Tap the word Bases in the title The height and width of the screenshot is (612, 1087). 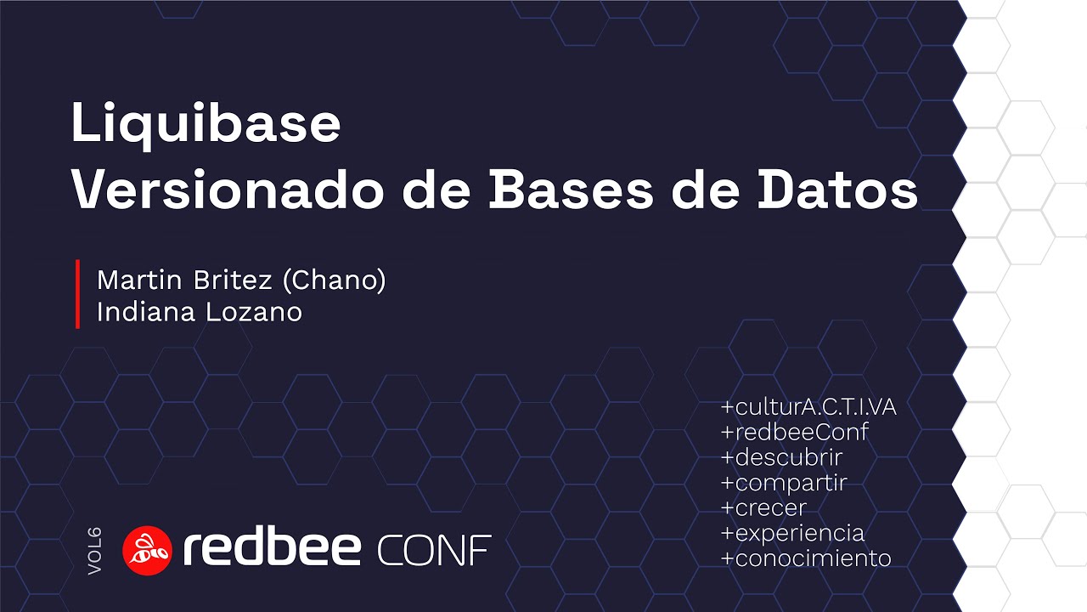[x=571, y=192]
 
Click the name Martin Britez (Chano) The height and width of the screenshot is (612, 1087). [x=241, y=280]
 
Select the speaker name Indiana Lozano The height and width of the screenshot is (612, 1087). [x=200, y=312]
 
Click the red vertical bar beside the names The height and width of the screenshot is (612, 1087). [x=77, y=294]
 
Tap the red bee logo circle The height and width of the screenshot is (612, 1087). [x=148, y=550]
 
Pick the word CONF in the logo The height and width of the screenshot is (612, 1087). [x=434, y=552]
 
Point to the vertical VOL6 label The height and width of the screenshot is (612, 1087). [x=94, y=551]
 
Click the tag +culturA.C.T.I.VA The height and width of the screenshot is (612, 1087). [x=808, y=407]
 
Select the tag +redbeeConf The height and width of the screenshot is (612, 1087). [x=794, y=432]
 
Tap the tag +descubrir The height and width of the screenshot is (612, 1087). [x=781, y=457]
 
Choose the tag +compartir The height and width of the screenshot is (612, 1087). [x=784, y=483]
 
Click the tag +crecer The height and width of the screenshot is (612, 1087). [x=763, y=507]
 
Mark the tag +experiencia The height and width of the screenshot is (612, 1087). [x=792, y=533]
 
